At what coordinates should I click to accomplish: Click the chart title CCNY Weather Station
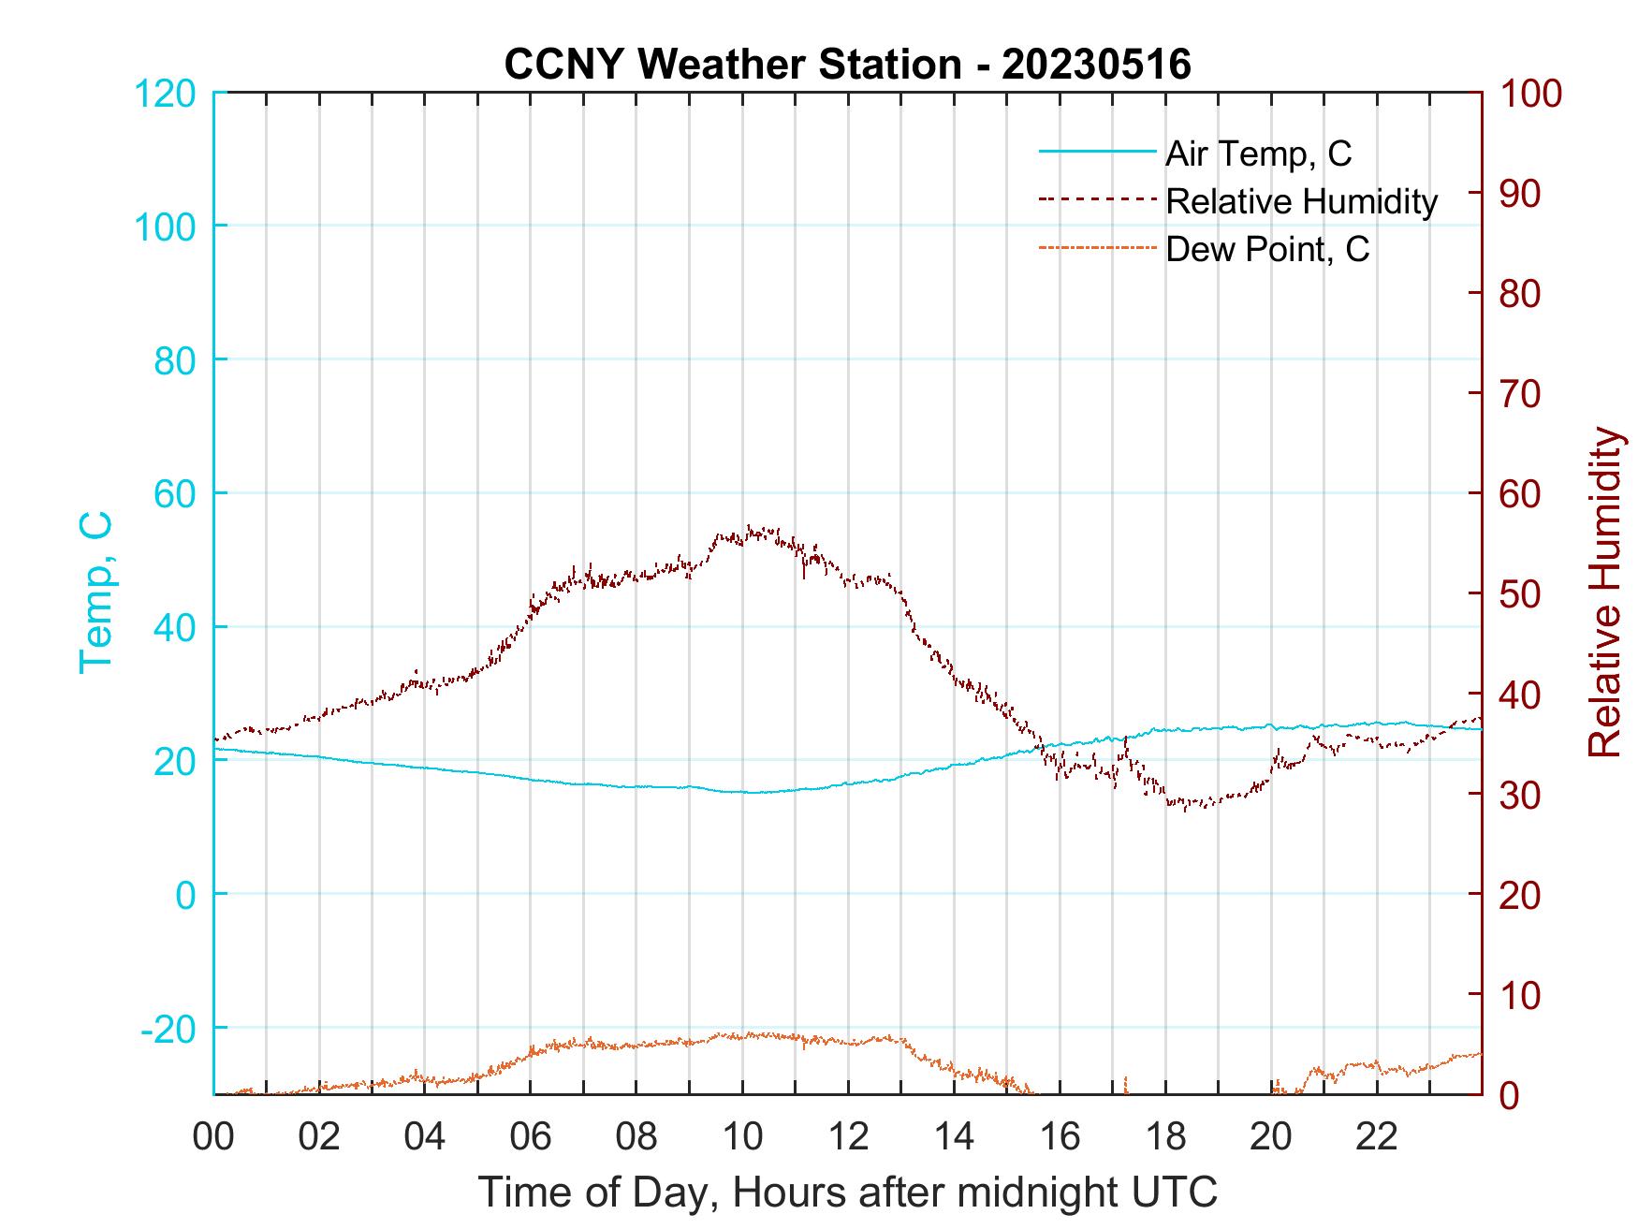pyautogui.click(x=847, y=65)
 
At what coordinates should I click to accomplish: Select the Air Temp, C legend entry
pyautogui.click(x=1258, y=154)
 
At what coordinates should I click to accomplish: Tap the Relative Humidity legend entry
pyautogui.click(x=1301, y=201)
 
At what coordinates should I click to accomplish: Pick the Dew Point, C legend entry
pyautogui.click(x=1267, y=249)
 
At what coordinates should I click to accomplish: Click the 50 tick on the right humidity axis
pyautogui.click(x=1523, y=594)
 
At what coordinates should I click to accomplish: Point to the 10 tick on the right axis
pyautogui.click(x=1523, y=995)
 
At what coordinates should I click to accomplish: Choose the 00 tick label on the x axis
pyautogui.click(x=213, y=1137)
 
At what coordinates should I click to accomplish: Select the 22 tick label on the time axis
pyautogui.click(x=1377, y=1137)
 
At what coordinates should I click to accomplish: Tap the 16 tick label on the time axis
pyautogui.click(x=1060, y=1137)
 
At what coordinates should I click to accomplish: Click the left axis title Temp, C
pyautogui.click(x=95, y=593)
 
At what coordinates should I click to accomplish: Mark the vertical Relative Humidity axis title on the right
pyautogui.click(x=1604, y=593)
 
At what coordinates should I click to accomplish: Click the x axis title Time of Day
pyautogui.click(x=847, y=1192)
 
